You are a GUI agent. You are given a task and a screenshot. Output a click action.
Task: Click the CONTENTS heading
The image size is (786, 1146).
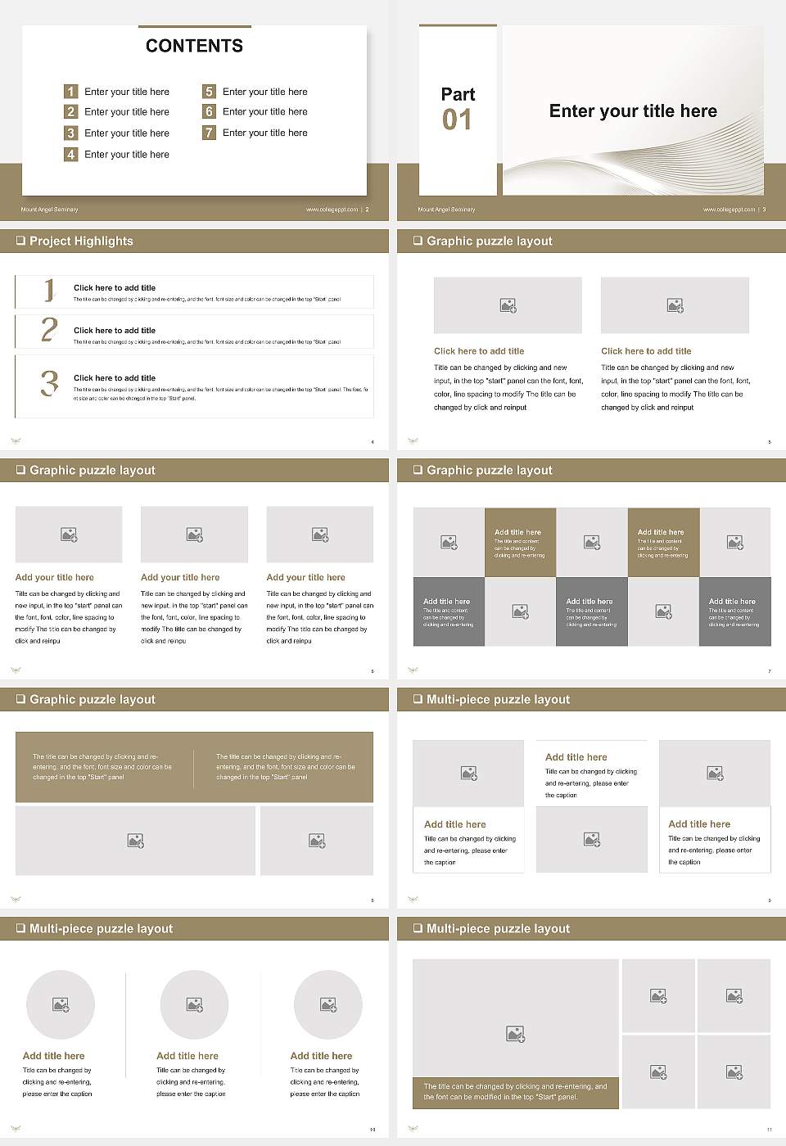(x=194, y=46)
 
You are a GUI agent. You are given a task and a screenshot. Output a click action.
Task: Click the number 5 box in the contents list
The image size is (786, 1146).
(x=209, y=92)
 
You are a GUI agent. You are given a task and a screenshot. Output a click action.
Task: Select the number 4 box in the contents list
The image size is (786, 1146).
(x=71, y=154)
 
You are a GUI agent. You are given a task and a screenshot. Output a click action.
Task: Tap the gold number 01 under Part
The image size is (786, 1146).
(x=457, y=120)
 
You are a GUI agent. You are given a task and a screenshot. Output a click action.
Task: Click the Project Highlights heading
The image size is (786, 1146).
(x=81, y=241)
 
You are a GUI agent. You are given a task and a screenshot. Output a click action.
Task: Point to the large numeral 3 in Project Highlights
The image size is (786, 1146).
(x=49, y=383)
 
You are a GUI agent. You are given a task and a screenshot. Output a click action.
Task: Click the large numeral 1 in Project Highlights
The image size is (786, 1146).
(x=49, y=290)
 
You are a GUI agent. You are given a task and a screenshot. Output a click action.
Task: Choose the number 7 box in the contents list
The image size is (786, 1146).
(x=209, y=133)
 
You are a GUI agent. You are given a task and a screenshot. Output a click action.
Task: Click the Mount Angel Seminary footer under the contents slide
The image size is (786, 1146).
(x=49, y=210)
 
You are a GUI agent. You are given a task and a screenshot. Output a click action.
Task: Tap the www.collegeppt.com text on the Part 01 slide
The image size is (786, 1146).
(x=729, y=210)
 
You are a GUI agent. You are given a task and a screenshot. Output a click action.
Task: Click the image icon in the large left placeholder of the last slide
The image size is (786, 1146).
(x=515, y=1035)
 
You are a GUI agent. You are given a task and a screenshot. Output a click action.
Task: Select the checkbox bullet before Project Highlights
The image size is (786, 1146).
(x=20, y=241)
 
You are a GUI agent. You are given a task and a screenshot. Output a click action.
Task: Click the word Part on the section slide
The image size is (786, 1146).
(x=458, y=94)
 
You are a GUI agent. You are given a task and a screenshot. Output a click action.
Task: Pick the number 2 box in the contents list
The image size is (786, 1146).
(x=71, y=111)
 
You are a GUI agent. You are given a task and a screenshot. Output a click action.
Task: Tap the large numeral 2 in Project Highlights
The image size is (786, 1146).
(x=49, y=330)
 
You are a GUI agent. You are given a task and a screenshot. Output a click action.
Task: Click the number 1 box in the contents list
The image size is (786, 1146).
(x=71, y=92)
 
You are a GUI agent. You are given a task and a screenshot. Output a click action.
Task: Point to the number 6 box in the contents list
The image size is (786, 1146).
(x=209, y=111)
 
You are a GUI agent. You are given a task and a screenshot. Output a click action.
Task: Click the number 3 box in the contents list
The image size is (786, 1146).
(x=71, y=133)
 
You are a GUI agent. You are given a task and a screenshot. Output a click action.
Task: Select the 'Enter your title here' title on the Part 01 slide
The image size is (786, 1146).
(x=633, y=111)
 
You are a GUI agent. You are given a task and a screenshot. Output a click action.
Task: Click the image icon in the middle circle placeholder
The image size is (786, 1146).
(x=194, y=1004)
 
